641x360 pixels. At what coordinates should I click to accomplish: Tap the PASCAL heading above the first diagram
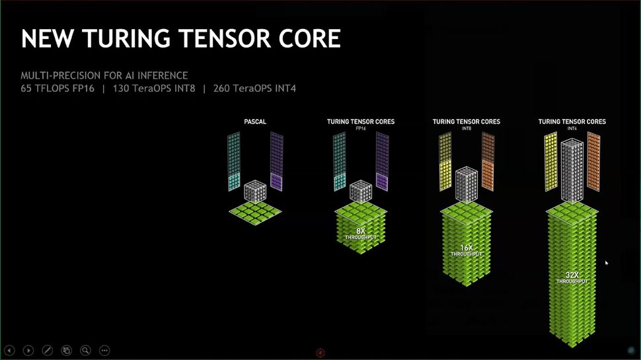coord(254,122)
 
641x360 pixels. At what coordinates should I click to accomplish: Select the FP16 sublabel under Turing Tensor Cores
coord(360,128)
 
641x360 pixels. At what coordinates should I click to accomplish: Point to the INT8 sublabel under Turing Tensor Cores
coord(466,128)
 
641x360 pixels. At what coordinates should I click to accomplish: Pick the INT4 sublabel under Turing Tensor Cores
coord(572,128)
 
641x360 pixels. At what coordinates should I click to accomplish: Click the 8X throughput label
coord(360,233)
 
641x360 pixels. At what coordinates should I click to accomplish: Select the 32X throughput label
coord(572,277)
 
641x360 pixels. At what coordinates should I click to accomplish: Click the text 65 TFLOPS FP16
coord(57,88)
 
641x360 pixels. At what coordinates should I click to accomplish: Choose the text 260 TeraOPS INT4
coord(254,88)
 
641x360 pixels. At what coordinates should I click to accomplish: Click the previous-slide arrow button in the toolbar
coord(10,350)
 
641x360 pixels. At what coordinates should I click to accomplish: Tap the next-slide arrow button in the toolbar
coord(28,350)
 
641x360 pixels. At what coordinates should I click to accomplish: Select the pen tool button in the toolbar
coord(48,350)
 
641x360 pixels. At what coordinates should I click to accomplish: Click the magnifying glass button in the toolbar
coord(85,350)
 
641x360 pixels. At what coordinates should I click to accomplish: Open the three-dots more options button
coord(104,350)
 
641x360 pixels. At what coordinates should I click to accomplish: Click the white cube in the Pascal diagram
coord(254,191)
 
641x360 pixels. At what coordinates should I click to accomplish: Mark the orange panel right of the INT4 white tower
coord(593,162)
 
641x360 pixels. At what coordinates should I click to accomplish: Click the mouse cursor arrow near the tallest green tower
coord(607,263)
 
